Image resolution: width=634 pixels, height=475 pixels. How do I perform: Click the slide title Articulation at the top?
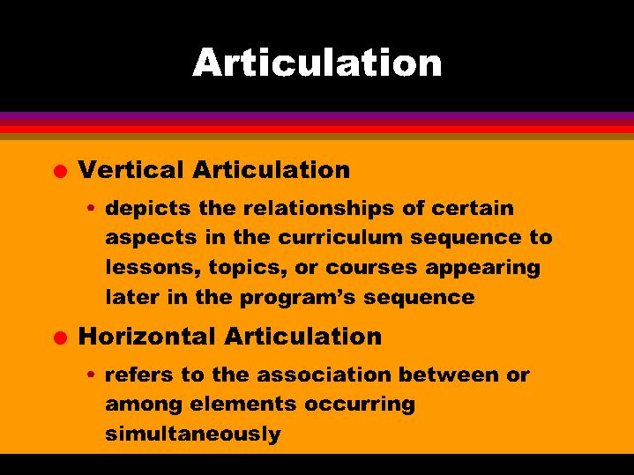coord(317,63)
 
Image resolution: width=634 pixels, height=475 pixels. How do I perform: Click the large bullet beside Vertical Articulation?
coord(58,171)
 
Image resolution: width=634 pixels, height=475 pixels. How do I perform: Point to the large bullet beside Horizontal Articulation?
coord(58,338)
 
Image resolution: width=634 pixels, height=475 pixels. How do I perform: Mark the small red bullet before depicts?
coord(92,210)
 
